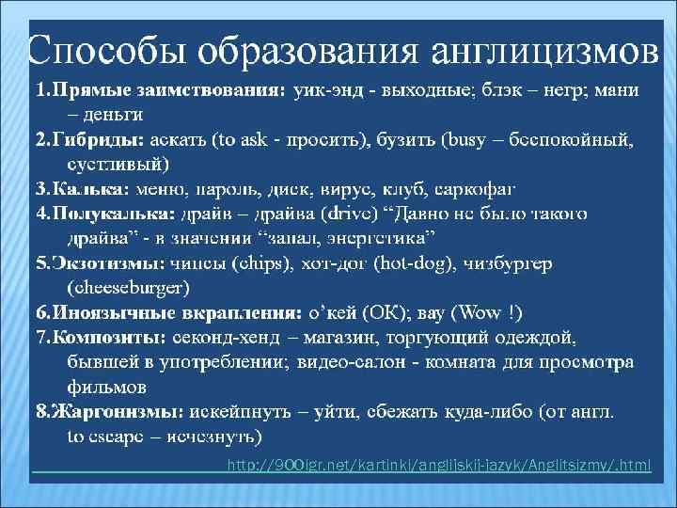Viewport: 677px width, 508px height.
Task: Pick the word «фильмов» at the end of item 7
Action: [106, 386]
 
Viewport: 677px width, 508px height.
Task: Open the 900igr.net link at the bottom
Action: [438, 467]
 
